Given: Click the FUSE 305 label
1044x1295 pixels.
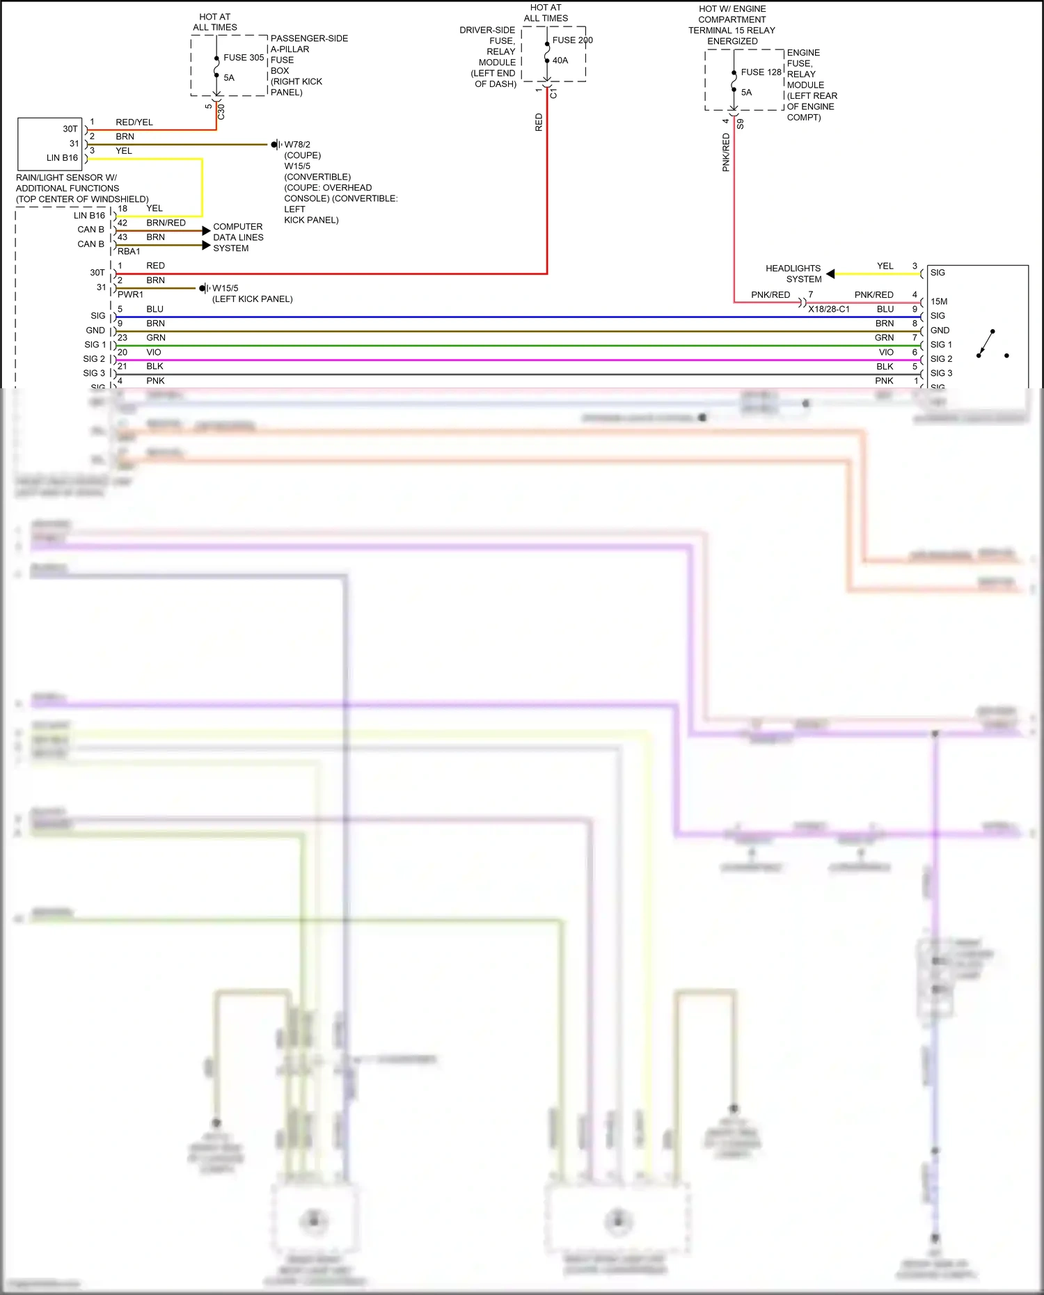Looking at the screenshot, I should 244,58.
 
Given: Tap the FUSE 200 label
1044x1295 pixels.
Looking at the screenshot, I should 572,40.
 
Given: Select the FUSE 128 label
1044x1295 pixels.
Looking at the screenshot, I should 761,72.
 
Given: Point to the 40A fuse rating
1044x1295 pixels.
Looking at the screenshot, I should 560,61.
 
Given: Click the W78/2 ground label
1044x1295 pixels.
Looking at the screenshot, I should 297,145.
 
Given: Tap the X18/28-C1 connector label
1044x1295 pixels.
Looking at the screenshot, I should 828,309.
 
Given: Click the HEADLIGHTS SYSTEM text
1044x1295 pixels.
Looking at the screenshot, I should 793,273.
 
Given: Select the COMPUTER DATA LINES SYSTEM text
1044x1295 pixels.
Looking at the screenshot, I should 238,237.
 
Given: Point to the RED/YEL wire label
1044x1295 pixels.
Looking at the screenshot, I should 134,122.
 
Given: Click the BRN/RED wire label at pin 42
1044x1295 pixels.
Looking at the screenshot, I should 166,223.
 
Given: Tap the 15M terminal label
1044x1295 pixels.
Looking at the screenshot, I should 939,301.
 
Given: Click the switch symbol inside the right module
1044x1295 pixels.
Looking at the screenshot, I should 989,344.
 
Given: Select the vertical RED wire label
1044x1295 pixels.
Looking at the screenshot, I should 539,122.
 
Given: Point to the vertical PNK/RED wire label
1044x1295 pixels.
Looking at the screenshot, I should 726,152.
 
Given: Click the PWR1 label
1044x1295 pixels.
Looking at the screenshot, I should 130,294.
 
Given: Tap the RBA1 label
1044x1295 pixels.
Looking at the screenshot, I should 129,251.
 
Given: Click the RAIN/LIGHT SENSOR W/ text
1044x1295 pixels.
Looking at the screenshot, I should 66,177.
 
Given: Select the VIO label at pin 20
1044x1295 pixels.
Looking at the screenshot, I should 154,352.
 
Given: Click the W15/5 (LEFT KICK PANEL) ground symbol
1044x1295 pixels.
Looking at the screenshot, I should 204,288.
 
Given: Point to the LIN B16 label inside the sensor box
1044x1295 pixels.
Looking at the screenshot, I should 62,158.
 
